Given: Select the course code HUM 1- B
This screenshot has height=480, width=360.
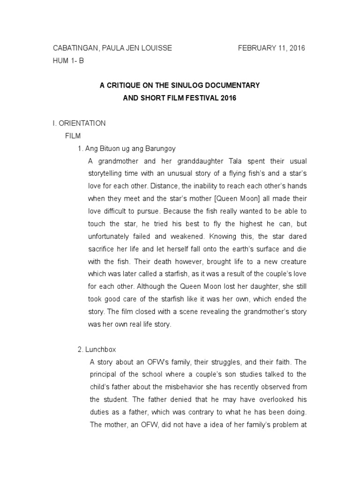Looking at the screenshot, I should click(68, 61).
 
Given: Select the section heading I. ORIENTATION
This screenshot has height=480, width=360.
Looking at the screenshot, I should click(79, 123).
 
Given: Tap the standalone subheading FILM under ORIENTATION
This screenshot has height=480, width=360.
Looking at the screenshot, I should click(73, 136).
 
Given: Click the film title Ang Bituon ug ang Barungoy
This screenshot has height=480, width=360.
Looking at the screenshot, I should click(130, 149).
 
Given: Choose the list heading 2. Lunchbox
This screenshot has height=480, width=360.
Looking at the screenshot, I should click(99, 349).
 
